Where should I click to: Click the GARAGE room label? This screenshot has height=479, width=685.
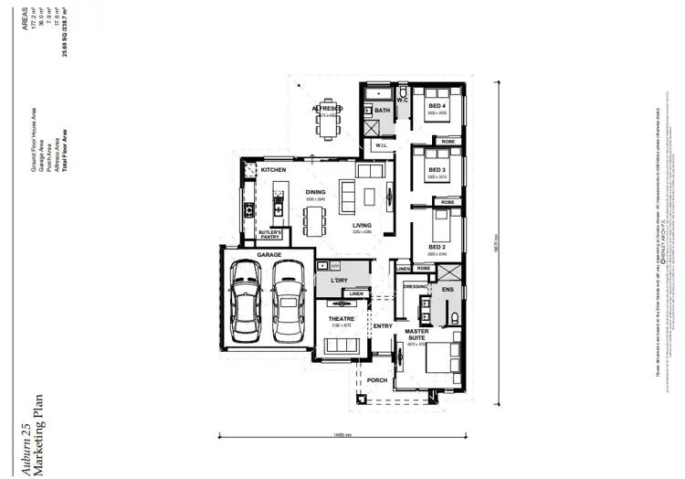click(269, 254)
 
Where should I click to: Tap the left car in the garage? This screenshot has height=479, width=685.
click(248, 299)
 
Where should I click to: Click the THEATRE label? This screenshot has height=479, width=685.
click(342, 318)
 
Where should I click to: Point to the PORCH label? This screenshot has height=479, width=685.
click(377, 379)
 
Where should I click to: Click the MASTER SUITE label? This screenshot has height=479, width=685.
click(417, 335)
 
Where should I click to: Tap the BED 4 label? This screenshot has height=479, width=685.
click(437, 106)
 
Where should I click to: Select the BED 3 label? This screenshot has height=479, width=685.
click(437, 171)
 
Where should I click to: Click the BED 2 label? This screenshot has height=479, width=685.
click(437, 247)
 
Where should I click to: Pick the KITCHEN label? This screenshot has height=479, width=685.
click(274, 170)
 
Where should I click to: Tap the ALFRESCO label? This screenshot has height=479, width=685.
click(327, 109)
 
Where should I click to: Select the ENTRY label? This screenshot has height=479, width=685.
click(382, 325)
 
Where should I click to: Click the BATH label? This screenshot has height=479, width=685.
click(383, 111)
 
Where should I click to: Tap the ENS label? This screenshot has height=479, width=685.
click(448, 289)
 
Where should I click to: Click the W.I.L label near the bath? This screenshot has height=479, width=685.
click(381, 144)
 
